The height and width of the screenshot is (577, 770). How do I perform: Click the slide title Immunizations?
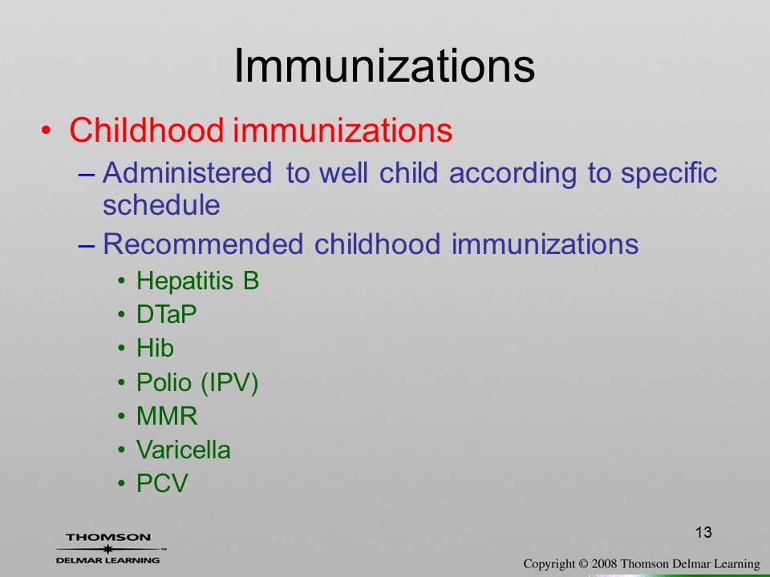click(384, 66)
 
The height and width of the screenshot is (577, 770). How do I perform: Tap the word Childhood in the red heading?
click(147, 130)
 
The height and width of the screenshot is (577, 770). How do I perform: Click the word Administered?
click(187, 173)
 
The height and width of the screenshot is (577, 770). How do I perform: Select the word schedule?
click(161, 204)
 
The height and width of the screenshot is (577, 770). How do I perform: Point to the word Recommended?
click(203, 244)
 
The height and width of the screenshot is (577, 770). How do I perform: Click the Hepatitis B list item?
click(197, 281)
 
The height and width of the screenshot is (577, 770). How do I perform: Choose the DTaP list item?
click(167, 314)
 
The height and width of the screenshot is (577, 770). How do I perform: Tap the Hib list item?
click(155, 348)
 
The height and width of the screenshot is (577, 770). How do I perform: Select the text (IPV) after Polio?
click(229, 383)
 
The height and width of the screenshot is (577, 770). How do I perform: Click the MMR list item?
click(167, 416)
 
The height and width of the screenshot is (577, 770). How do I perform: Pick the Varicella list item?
click(183, 450)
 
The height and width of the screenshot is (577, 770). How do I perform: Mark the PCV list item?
click(162, 483)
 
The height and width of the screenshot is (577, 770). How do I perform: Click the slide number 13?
click(703, 532)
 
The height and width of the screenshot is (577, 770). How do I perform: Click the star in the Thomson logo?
click(107, 549)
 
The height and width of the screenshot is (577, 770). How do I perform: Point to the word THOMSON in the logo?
click(108, 537)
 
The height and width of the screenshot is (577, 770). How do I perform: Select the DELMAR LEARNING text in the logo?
click(108, 560)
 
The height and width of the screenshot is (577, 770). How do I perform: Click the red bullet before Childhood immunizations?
click(47, 131)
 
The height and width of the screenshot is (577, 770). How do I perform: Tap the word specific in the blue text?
click(669, 173)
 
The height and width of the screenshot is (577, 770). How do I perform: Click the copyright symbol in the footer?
click(583, 563)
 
